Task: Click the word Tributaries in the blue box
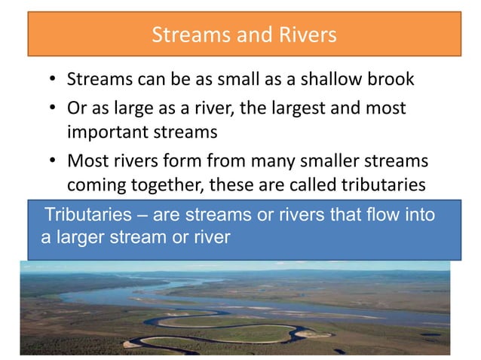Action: [90, 215]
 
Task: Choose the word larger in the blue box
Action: [78, 238]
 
